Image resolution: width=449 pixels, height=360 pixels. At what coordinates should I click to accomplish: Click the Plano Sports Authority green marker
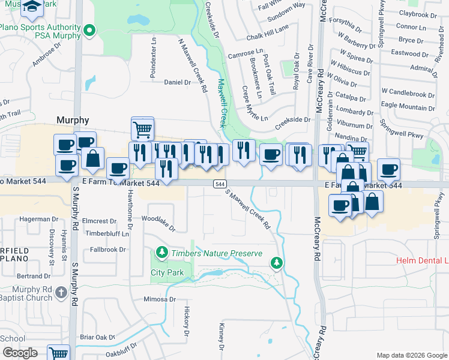pos(89,30)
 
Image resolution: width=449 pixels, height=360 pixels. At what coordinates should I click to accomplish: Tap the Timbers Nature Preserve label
pos(217,254)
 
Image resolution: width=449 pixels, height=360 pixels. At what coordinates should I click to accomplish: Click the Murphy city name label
pos(73,120)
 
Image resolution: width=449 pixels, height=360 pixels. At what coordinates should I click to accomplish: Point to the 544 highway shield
pos(220,184)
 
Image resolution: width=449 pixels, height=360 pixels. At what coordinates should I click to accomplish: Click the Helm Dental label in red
pos(423,260)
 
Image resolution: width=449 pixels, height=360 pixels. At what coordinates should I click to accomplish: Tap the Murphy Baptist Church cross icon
pos(61,292)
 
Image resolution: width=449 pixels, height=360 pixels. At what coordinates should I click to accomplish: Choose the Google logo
pos(19,353)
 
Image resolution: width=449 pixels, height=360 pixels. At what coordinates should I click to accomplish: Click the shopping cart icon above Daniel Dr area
pos(142,127)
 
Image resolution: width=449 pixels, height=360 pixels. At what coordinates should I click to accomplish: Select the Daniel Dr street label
pos(176,83)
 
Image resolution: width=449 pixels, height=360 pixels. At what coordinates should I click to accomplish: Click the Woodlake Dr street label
pos(159,224)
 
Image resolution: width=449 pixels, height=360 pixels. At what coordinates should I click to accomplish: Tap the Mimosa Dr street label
pos(160,299)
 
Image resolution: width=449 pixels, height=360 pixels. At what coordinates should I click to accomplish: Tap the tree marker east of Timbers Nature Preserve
pos(276,262)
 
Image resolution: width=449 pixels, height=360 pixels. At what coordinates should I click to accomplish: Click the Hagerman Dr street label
pos(34,219)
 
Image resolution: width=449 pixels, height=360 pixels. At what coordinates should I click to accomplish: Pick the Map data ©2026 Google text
pos(411,355)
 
